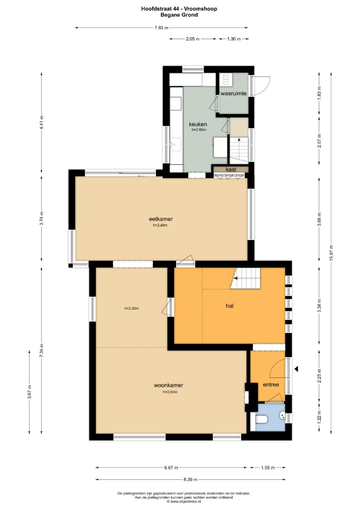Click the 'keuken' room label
click(x=198, y=124)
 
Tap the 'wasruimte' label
click(x=234, y=93)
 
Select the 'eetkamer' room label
click(x=161, y=219)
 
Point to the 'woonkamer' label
click(x=168, y=385)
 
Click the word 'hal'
click(x=230, y=306)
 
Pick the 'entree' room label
click(x=271, y=384)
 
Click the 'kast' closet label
click(x=231, y=170)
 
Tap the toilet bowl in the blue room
click(x=261, y=420)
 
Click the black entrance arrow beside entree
click(x=296, y=369)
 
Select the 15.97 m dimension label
click(x=331, y=253)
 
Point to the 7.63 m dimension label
click(x=161, y=28)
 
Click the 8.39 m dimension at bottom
click(x=191, y=479)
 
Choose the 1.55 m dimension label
click(x=268, y=467)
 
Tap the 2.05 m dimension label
click(x=193, y=39)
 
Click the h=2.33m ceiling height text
click(x=132, y=308)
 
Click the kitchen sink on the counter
click(x=176, y=144)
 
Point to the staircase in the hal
click(x=247, y=279)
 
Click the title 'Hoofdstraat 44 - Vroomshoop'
click(x=179, y=9)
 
